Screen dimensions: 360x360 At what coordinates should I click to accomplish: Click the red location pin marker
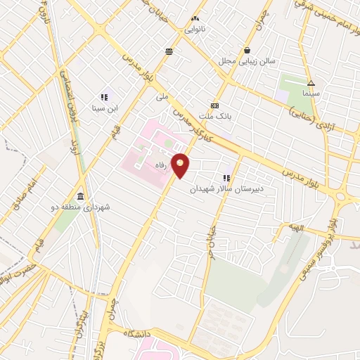pos(181,166)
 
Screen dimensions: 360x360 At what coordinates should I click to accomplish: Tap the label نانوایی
pos(195,30)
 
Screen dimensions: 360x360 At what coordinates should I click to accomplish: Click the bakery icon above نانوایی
pos(195,18)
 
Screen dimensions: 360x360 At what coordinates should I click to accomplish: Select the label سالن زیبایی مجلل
pos(248,62)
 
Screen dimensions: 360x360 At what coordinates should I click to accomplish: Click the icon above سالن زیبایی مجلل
pos(248,51)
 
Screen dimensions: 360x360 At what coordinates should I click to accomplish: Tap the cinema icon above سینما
pos(311,82)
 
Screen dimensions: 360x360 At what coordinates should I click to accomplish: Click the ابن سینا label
pos(103,108)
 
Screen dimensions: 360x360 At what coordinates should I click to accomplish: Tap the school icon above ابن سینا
pos(103,97)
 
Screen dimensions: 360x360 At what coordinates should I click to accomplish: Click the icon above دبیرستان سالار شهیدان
pos(226,178)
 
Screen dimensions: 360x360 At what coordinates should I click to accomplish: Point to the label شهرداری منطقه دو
pos(82,207)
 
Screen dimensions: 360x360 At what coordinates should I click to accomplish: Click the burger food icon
pos(169,51)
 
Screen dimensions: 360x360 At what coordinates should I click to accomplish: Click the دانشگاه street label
pos(140,333)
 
